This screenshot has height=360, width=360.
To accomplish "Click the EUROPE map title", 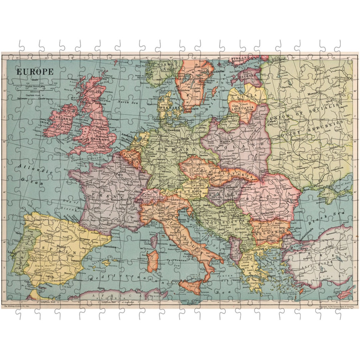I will [x=35, y=71].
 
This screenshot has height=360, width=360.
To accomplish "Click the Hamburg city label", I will [x=174, y=130].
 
